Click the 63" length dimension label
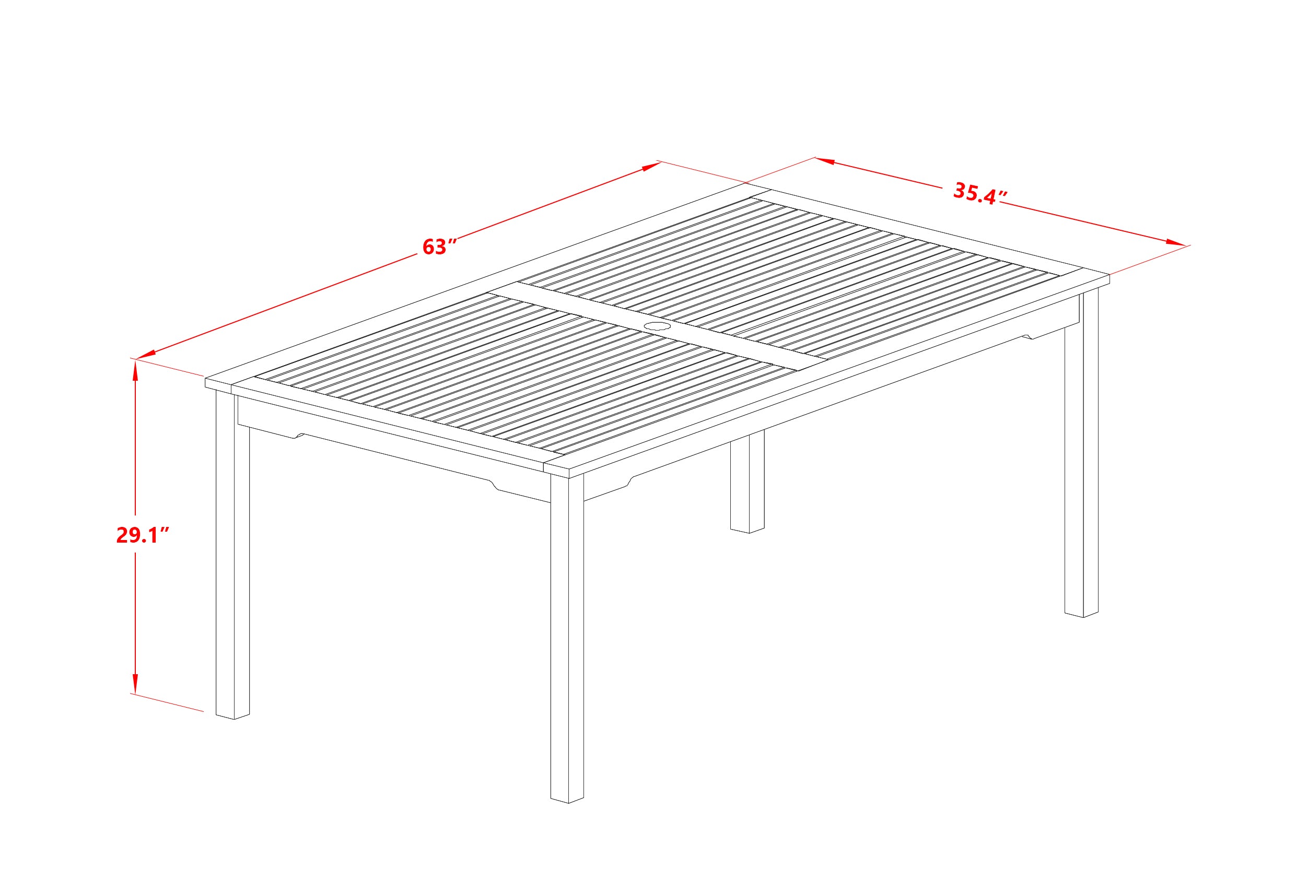pyautogui.click(x=438, y=248)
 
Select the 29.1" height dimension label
pyautogui.click(x=143, y=535)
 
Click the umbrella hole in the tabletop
pyautogui.click(x=657, y=326)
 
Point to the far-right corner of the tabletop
pyautogui.click(x=1107, y=276)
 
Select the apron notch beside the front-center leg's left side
pyautogui.click(x=494, y=484)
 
